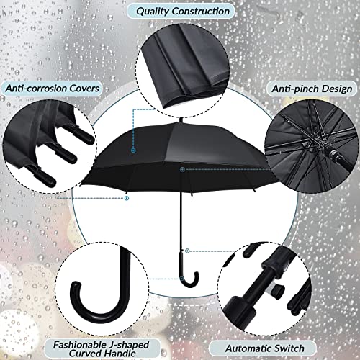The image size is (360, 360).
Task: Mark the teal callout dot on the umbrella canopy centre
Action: click(x=181, y=169)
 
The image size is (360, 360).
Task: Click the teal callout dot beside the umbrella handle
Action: click(x=187, y=251)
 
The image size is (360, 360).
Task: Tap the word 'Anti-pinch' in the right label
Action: click(x=293, y=88)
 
